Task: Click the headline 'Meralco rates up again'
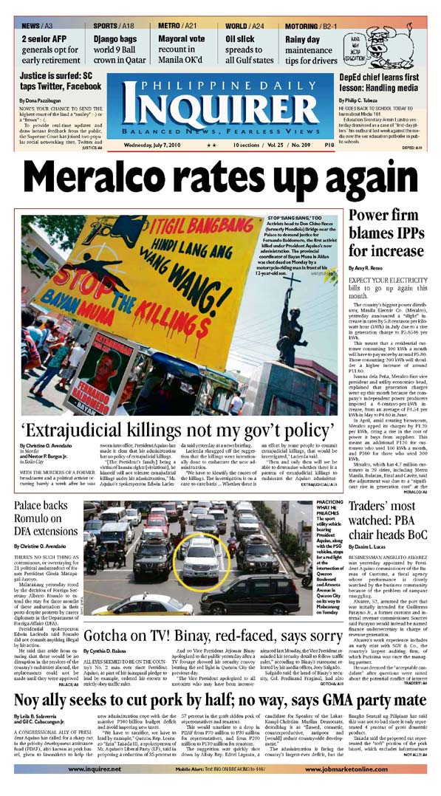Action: pos(220,175)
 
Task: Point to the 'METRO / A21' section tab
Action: pos(178,26)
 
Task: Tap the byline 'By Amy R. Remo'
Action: pos(367,267)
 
